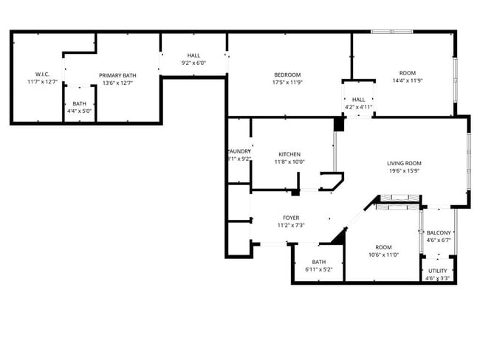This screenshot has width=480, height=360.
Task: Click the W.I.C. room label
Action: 41,74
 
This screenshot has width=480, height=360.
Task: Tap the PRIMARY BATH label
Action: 117,75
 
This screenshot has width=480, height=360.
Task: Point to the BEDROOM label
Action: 287,75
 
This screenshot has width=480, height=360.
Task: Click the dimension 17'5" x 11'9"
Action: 287,83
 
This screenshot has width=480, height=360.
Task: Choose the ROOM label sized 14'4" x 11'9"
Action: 407,73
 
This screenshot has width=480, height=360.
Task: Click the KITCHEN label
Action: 289,154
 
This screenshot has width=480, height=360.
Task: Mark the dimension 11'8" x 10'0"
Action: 289,162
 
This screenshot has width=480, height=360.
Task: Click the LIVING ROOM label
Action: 404,163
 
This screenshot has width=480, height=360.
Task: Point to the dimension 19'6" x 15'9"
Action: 404,171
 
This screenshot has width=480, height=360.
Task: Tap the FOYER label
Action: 291,218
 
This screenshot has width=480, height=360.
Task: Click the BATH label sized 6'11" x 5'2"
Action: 319,261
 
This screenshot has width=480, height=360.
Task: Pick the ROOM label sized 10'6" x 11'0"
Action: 383,247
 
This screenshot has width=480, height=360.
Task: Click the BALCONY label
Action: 438,232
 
